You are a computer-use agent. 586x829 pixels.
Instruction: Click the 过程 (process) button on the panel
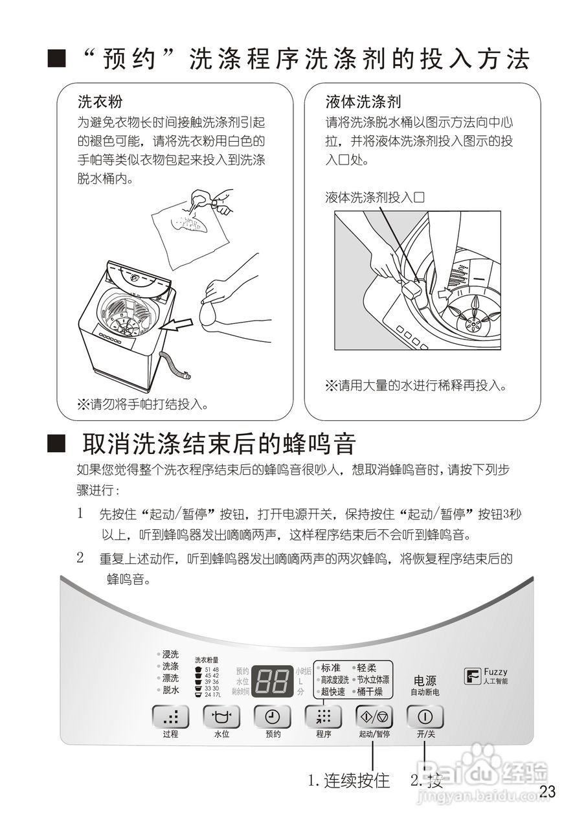pos(171,716)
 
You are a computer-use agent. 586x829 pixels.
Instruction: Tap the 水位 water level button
pos(221,716)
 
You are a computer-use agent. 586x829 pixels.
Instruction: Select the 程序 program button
pos(323,716)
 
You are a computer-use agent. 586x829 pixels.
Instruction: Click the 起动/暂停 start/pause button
pos(374,716)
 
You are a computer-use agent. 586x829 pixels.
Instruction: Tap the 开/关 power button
pos(425,716)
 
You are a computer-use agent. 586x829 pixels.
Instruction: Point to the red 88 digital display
pos(271,680)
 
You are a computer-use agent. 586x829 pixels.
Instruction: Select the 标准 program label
pos(330,667)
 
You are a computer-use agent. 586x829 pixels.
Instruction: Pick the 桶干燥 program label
pos(370,692)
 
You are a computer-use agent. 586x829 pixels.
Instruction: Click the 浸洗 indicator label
pos(170,654)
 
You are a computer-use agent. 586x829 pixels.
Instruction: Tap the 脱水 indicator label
pos(170,690)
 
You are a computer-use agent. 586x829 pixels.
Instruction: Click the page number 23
pos(547,791)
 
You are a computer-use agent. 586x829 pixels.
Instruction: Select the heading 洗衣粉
pos(100,102)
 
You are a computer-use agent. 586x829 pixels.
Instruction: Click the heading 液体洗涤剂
pos(363,102)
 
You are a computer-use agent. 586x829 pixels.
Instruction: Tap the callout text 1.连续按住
pos(349,781)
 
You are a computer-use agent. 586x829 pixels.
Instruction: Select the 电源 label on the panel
pos(425,681)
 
